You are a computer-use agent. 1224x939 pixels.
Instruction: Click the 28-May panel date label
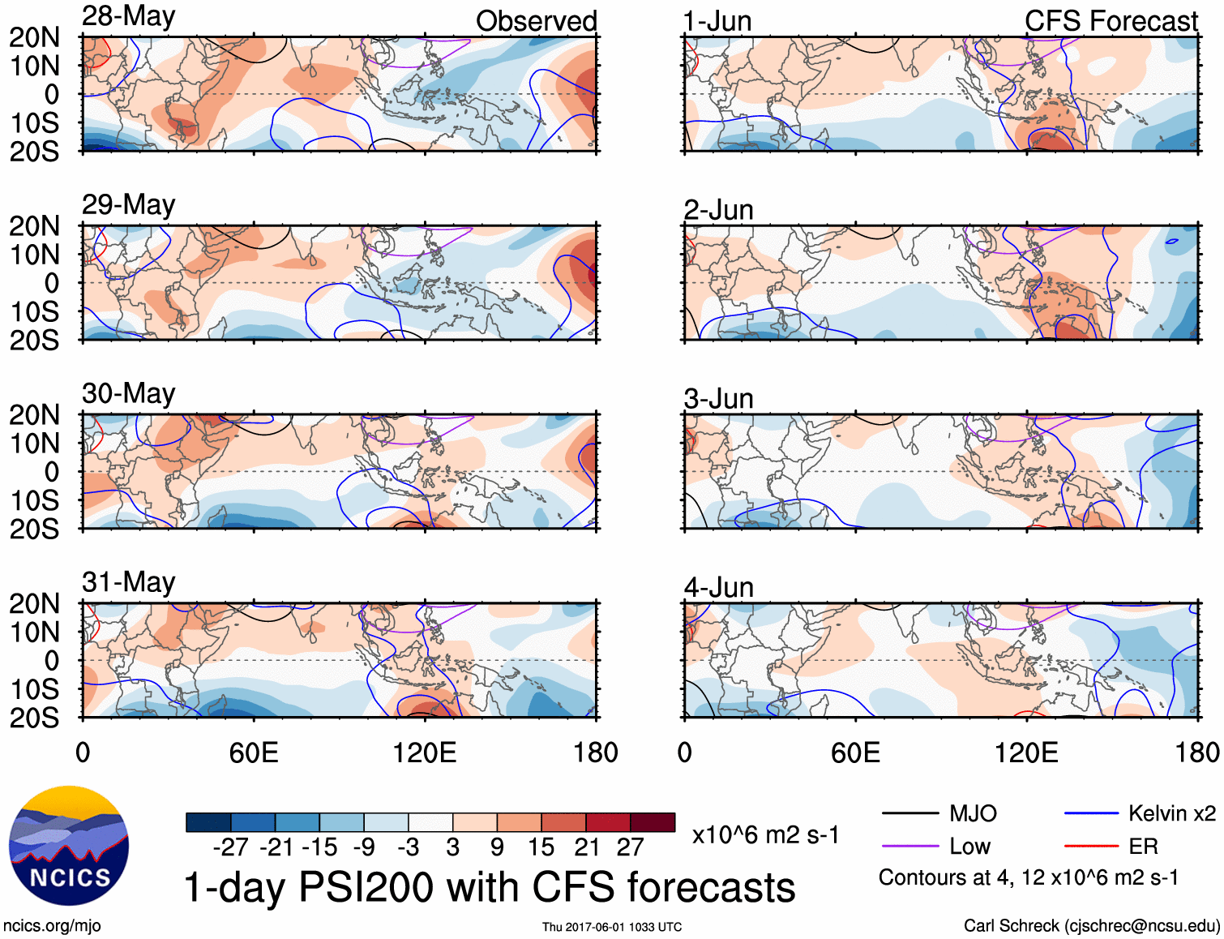coord(128,17)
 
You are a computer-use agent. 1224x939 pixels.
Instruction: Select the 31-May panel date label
coord(128,582)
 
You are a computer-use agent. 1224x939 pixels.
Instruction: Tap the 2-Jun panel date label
coord(718,210)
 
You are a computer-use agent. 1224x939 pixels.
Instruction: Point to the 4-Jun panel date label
coord(718,587)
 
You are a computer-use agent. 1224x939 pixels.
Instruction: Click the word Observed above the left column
coord(536,21)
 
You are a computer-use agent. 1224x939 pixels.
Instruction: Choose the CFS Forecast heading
coord(1111,21)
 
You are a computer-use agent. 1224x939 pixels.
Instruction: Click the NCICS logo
coord(69,846)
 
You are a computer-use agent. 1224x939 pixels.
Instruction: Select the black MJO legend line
coord(909,813)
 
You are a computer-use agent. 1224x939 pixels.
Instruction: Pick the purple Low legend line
coord(909,847)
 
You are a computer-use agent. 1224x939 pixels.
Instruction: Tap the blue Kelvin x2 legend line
coord(1091,813)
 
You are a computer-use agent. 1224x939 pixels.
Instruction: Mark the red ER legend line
coord(1091,847)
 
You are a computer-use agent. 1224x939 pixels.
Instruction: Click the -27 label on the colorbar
coord(231,847)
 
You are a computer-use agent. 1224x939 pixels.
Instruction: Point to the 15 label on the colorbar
coord(541,847)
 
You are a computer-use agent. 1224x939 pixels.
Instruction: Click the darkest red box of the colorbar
coord(653,822)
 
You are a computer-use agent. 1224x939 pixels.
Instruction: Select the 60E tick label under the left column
coord(254,752)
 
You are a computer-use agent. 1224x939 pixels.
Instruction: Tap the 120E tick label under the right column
coord(1026,752)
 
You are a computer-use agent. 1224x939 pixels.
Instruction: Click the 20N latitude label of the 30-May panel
coord(34,415)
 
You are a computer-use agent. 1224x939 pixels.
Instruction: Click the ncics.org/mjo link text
coord(52,926)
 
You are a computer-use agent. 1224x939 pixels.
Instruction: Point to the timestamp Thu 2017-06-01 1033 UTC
coord(612,927)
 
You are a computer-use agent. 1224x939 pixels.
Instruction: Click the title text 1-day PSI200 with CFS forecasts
coord(490,887)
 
